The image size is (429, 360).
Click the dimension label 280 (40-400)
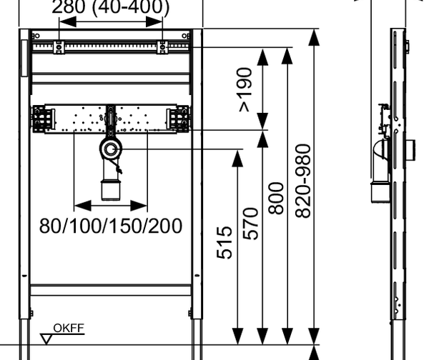click(x=111, y=6)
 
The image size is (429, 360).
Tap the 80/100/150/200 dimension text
click(x=111, y=226)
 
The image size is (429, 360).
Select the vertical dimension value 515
click(x=225, y=242)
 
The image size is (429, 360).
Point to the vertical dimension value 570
click(x=250, y=224)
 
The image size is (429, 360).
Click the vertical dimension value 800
click(x=276, y=198)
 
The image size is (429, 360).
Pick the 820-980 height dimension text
click(x=303, y=181)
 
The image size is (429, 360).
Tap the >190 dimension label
click(x=245, y=90)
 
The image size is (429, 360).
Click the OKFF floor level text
click(x=69, y=329)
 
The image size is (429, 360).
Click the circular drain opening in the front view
click(x=111, y=149)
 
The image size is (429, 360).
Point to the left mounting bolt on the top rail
click(x=59, y=47)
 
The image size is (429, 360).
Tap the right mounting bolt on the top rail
click(x=162, y=47)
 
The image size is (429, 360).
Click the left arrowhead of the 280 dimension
click(x=68, y=22)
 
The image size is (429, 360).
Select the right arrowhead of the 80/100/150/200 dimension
click(x=139, y=206)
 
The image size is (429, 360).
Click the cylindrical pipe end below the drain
click(x=111, y=190)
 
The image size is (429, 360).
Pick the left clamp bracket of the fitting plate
click(x=44, y=119)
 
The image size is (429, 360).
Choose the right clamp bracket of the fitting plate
click(x=178, y=119)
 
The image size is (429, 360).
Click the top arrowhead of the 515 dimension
click(x=237, y=159)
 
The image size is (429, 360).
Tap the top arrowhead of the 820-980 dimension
click(x=314, y=37)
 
